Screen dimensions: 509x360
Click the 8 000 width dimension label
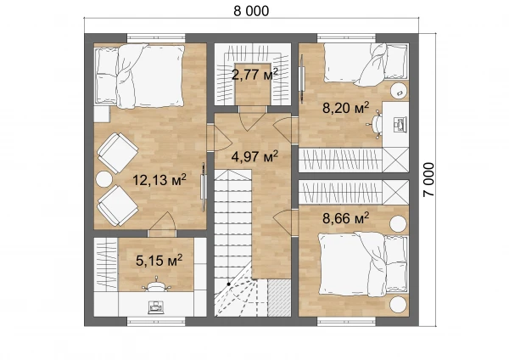click(x=251, y=11)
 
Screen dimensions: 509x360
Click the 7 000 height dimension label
click(x=428, y=179)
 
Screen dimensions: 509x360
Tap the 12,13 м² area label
click(x=159, y=180)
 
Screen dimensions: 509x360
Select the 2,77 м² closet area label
click(x=255, y=75)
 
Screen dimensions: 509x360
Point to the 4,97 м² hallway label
click(x=255, y=156)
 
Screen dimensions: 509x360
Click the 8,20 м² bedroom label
click(x=346, y=108)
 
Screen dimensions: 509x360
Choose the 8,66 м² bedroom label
click(x=346, y=218)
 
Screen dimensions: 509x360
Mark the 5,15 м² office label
click(x=159, y=261)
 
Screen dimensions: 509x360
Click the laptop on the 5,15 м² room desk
click(x=155, y=307)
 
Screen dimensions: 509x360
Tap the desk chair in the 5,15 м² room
click(x=156, y=284)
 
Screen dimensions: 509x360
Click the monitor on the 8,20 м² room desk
click(x=400, y=125)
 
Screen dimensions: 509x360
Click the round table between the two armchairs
click(x=103, y=179)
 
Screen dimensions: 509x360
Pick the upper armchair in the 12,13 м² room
click(x=118, y=153)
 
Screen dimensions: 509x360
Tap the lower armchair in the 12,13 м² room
click(x=118, y=205)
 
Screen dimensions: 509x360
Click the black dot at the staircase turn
click(x=228, y=284)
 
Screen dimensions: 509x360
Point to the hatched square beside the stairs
click(x=279, y=298)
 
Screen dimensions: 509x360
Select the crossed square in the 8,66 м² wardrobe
click(x=395, y=192)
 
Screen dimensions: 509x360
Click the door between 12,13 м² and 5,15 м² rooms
click(x=162, y=224)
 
